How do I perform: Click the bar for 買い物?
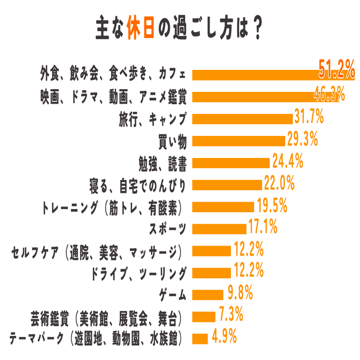coord(239,141)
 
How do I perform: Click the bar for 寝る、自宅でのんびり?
coord(227,185)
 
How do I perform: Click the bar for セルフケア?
coord(212,251)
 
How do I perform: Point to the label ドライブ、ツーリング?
coord(140,273)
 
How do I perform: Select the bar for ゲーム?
coord(207,294)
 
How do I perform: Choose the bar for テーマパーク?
coord(200,339)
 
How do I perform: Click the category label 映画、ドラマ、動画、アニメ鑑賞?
coord(114,96)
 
